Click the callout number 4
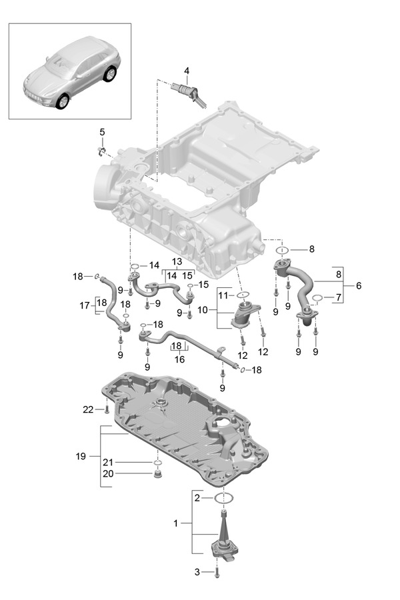point(187,71)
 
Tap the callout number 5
point(102,132)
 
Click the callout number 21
point(108,462)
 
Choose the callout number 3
point(197,572)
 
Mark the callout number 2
point(197,498)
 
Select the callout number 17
point(83,306)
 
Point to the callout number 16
point(179,359)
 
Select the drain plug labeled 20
point(159,475)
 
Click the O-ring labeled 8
point(281,251)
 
